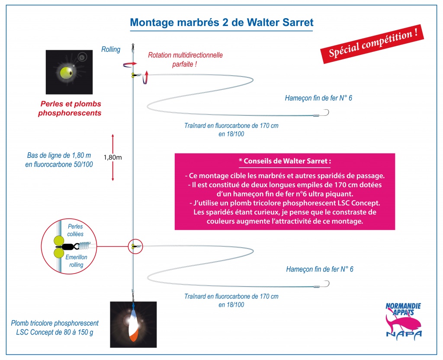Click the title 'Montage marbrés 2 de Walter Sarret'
tap(222, 22)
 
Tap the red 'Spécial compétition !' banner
tap(372, 44)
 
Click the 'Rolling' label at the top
tap(111, 49)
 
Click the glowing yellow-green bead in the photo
tap(67, 72)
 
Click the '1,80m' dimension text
tap(113, 157)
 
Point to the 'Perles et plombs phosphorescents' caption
tap(70, 108)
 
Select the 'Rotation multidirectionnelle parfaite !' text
tap(185, 60)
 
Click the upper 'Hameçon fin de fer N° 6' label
tap(318, 98)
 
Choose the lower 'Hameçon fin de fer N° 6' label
tap(320, 269)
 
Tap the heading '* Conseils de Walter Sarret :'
tap(285, 161)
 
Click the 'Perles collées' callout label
tap(75, 230)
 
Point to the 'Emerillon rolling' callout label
tap(76, 261)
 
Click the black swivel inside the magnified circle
tap(71, 247)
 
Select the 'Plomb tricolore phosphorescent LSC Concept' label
tap(55, 328)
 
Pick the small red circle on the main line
tap(135, 246)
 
